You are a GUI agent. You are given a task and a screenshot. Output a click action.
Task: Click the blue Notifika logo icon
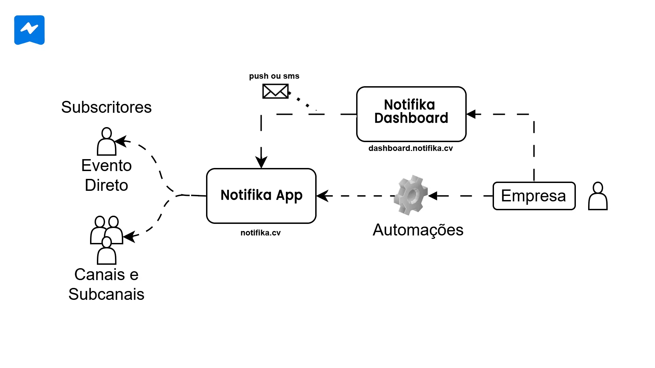29,30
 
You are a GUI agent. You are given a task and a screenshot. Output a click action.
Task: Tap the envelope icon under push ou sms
275,91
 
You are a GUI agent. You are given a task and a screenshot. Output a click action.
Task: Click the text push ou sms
274,76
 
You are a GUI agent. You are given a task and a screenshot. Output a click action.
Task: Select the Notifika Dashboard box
411,114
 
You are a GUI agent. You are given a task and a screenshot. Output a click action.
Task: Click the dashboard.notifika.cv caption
410,148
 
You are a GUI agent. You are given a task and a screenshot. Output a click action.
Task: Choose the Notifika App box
261,196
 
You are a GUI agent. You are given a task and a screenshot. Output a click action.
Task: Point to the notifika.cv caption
260,233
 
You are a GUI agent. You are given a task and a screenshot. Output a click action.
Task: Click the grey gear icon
411,195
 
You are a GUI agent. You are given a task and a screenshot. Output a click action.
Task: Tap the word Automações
418,230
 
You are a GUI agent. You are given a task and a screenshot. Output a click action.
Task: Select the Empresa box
534,196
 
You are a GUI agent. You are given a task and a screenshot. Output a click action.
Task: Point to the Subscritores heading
106,107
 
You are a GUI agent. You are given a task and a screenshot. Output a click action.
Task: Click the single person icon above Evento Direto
106,141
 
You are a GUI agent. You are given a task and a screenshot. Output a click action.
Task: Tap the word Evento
106,166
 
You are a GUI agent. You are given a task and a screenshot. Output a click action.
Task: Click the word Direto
106,185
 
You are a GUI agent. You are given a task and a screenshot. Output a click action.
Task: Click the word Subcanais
106,294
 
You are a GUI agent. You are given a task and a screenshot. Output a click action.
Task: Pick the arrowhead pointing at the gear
433,196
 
